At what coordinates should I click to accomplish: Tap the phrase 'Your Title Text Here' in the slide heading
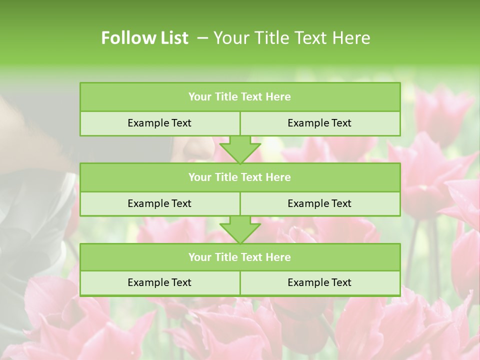coord(292,38)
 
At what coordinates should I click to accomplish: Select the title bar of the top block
coord(240,97)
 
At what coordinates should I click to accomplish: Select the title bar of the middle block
coord(240,177)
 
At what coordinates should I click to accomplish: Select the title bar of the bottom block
coord(240,257)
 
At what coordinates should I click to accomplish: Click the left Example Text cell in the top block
coord(159,123)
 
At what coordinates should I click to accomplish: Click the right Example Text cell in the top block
coord(319,123)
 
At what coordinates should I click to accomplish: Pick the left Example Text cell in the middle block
coord(159,203)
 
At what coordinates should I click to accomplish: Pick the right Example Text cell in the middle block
coord(319,203)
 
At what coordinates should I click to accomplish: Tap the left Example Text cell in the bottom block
coord(159,282)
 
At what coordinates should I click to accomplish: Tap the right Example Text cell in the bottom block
coord(319,282)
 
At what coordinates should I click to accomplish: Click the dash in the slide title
coord(202,38)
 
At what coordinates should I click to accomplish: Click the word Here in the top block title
coord(278,97)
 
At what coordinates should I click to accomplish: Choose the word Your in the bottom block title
coord(200,257)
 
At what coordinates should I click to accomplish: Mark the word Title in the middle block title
coord(226,177)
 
